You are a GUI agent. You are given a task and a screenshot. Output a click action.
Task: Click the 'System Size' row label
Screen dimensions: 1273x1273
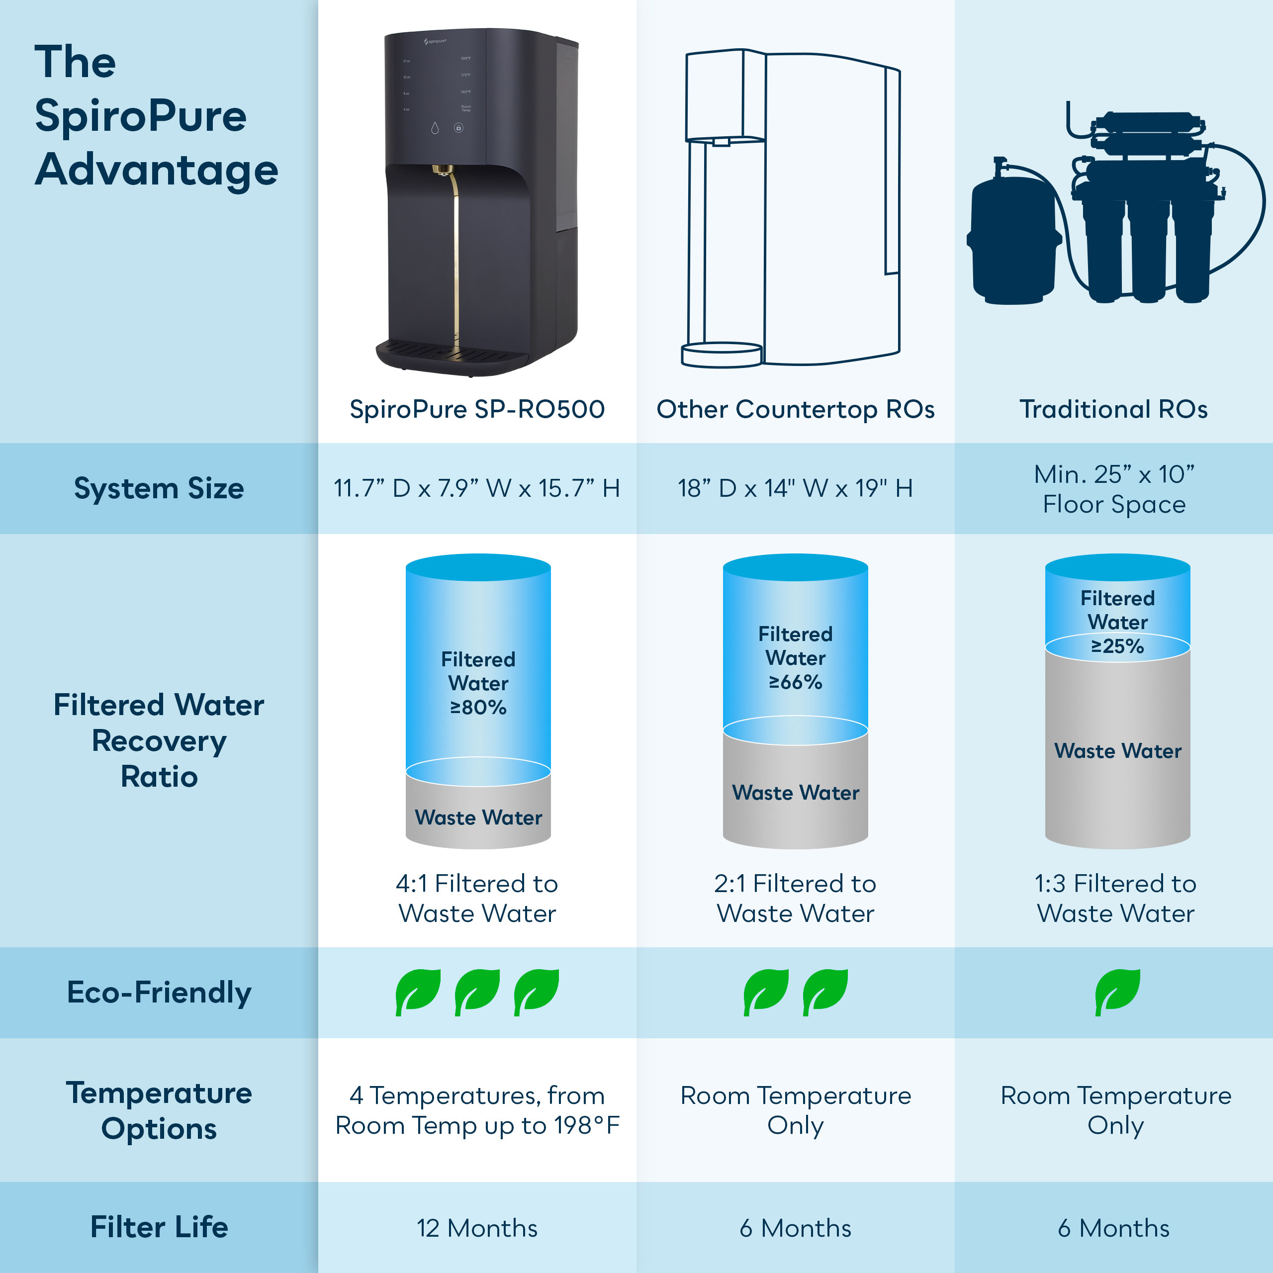pos(159,489)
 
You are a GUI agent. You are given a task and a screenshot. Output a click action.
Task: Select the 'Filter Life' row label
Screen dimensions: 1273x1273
pos(159,1227)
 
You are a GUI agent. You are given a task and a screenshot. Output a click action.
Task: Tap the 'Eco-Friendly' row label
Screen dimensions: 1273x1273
pos(159,993)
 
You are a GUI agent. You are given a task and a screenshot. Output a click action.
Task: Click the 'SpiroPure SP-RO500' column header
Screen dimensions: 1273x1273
pos(477,409)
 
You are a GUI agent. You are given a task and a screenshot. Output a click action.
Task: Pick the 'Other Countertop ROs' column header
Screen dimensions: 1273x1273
pos(795,409)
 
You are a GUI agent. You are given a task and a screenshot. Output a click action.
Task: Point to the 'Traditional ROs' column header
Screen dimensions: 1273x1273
pos(1113,409)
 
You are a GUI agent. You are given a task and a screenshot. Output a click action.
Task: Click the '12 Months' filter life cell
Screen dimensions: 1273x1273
pos(477,1228)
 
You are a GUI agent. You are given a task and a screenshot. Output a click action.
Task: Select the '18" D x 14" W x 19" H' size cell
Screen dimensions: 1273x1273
pos(795,489)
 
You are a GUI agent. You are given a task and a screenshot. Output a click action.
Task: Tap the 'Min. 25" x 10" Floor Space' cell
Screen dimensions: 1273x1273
pos(1113,489)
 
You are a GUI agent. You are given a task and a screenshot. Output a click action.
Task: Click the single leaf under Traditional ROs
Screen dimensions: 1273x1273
pos(1117,992)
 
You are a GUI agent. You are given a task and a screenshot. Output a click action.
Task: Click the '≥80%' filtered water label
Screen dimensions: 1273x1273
pos(478,708)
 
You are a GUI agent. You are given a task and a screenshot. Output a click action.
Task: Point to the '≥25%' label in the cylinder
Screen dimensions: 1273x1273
pos(1117,646)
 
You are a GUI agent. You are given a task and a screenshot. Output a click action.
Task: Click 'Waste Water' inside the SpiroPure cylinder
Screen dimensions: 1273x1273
pos(478,818)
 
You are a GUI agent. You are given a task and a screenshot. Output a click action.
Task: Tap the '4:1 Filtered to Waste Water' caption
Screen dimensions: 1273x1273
pos(477,898)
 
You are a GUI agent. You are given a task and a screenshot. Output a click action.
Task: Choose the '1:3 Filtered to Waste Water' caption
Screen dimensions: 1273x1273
pos(1115,898)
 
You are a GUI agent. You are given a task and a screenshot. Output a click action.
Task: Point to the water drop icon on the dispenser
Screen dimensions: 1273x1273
pos(435,128)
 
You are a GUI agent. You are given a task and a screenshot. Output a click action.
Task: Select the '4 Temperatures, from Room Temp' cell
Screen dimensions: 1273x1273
pos(477,1110)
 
